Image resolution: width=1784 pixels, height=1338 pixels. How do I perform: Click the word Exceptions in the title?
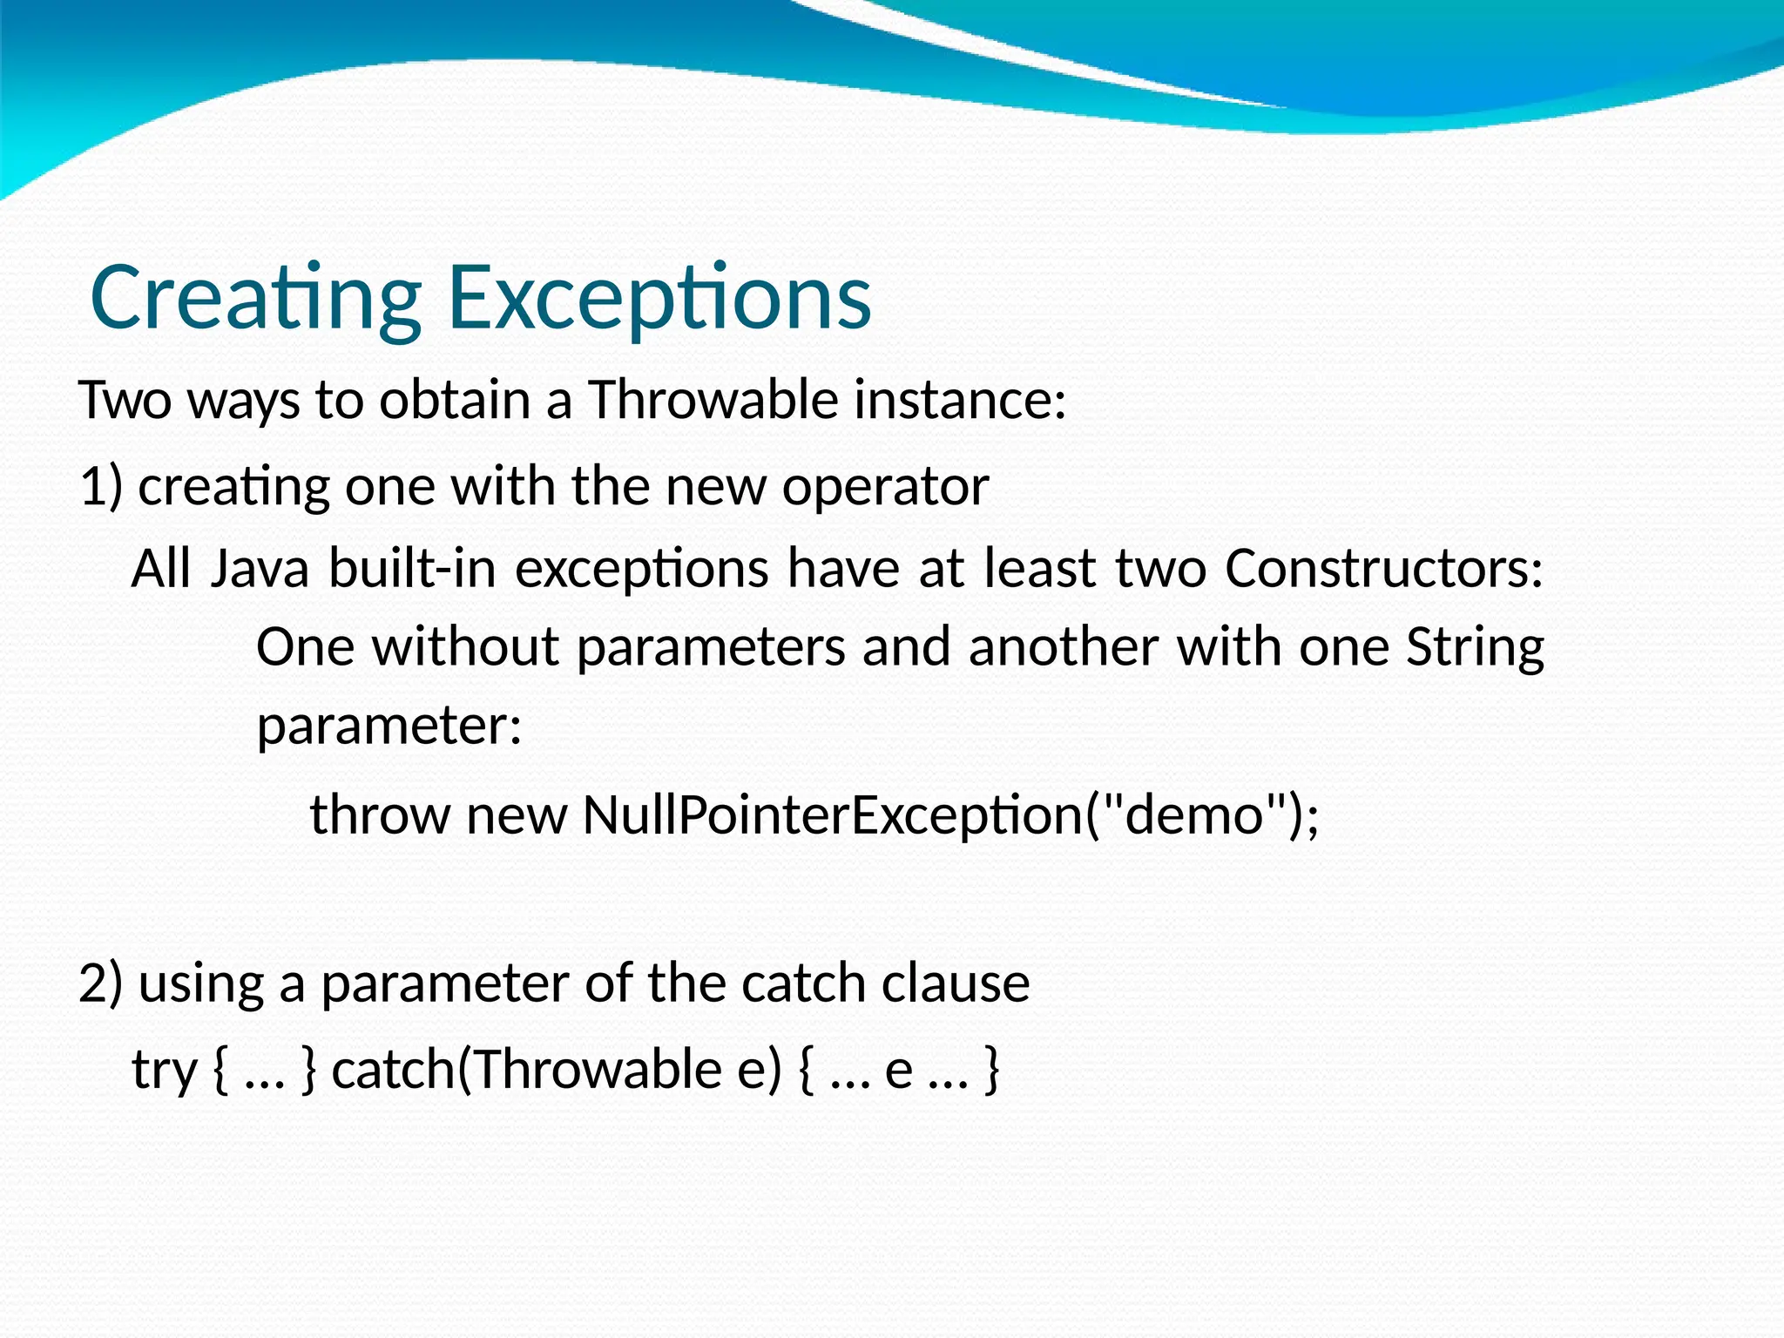point(659,298)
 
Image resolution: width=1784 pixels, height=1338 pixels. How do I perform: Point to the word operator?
point(885,485)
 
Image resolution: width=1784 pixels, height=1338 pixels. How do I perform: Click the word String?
point(1475,648)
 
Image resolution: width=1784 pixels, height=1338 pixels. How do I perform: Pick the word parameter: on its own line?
point(389,725)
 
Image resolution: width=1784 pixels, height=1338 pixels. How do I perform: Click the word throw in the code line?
point(380,814)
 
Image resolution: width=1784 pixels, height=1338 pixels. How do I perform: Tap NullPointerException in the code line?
point(832,814)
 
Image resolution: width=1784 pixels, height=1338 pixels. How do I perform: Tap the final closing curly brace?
point(991,1071)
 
